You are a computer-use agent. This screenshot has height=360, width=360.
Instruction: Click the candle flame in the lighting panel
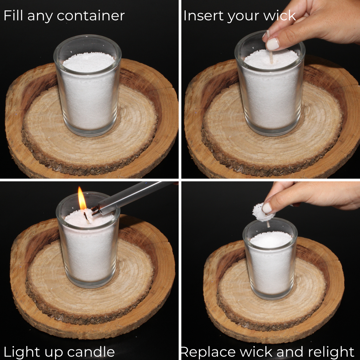pyautogui.click(x=82, y=199)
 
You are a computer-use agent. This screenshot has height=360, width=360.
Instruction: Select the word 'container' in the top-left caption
pyautogui.click(x=91, y=16)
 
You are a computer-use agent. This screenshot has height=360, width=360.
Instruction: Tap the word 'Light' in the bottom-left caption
pyautogui.click(x=21, y=352)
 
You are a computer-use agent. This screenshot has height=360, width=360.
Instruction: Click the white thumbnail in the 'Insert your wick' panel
pyautogui.click(x=273, y=44)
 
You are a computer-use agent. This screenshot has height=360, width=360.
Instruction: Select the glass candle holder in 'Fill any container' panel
pyautogui.click(x=87, y=87)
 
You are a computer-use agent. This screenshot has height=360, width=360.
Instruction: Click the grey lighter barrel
pyautogui.click(x=133, y=197)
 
